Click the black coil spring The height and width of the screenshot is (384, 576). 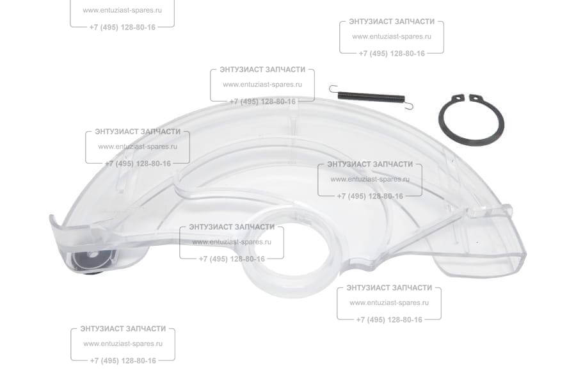point(371,97)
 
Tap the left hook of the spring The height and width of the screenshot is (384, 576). point(333,88)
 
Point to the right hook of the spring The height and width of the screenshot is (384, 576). point(410,105)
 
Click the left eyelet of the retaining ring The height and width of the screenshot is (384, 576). point(458,97)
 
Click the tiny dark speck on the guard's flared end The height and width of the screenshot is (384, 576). point(477,243)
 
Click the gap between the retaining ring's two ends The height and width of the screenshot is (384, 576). point(466,98)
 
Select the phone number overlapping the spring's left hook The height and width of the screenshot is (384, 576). point(262,102)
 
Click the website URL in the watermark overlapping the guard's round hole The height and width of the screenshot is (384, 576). point(232,243)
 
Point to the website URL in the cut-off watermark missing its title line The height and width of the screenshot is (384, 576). point(122,10)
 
